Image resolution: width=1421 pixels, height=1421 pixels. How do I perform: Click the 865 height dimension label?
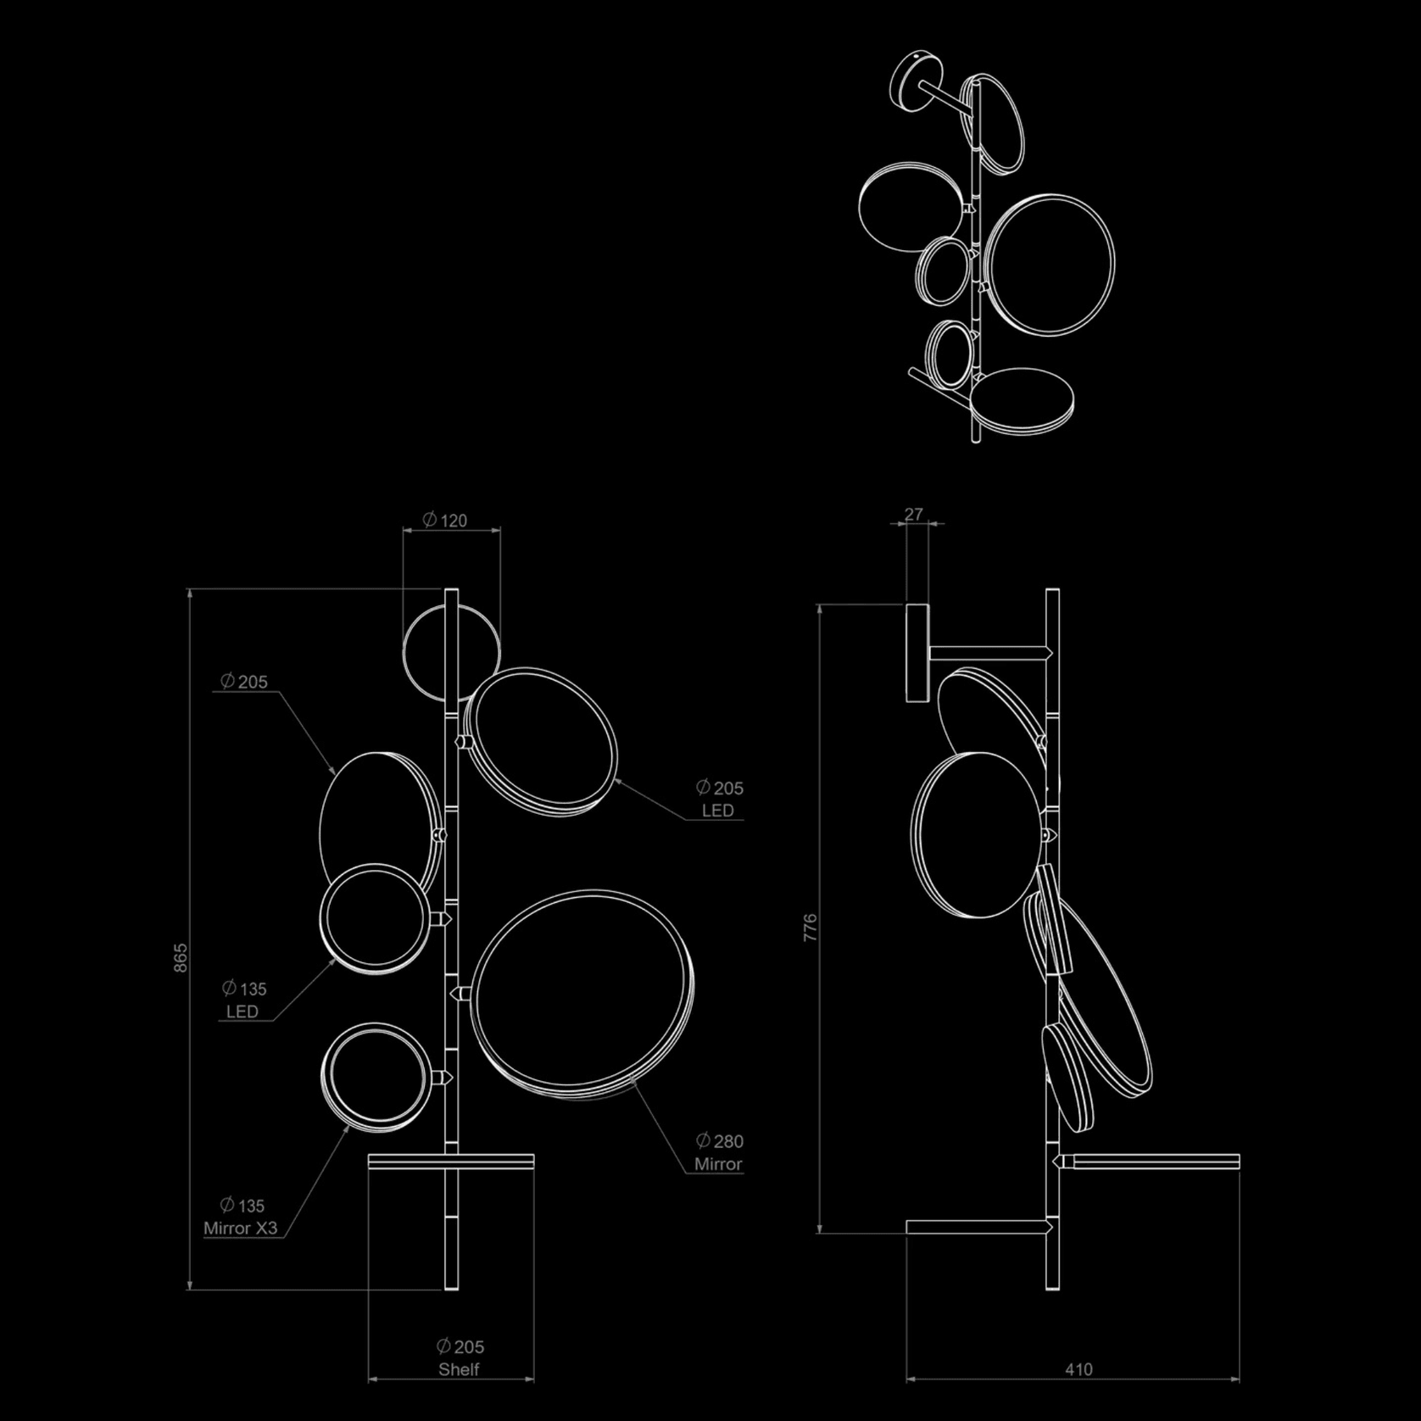[181, 957]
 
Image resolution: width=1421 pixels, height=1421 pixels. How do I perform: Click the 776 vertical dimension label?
[811, 928]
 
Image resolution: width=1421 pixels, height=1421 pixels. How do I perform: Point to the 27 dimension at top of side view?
[913, 514]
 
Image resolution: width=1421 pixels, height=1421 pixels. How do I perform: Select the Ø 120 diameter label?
[445, 520]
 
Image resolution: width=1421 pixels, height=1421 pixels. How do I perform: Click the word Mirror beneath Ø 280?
[718, 1164]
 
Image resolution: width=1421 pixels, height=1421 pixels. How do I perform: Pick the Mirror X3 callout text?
[240, 1228]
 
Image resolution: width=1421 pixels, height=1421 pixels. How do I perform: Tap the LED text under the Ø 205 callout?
[717, 811]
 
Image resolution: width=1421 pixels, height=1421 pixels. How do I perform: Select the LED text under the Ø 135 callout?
[242, 1011]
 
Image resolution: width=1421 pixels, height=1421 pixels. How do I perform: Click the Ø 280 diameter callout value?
[719, 1141]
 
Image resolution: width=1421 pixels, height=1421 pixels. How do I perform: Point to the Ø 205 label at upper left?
[243, 681]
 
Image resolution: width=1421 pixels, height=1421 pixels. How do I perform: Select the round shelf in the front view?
[451, 1161]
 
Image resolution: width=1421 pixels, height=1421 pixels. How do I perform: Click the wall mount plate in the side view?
[917, 653]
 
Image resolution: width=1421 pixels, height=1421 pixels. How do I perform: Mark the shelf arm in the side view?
[1153, 1161]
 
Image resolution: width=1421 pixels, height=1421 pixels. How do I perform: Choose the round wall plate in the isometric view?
[911, 81]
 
